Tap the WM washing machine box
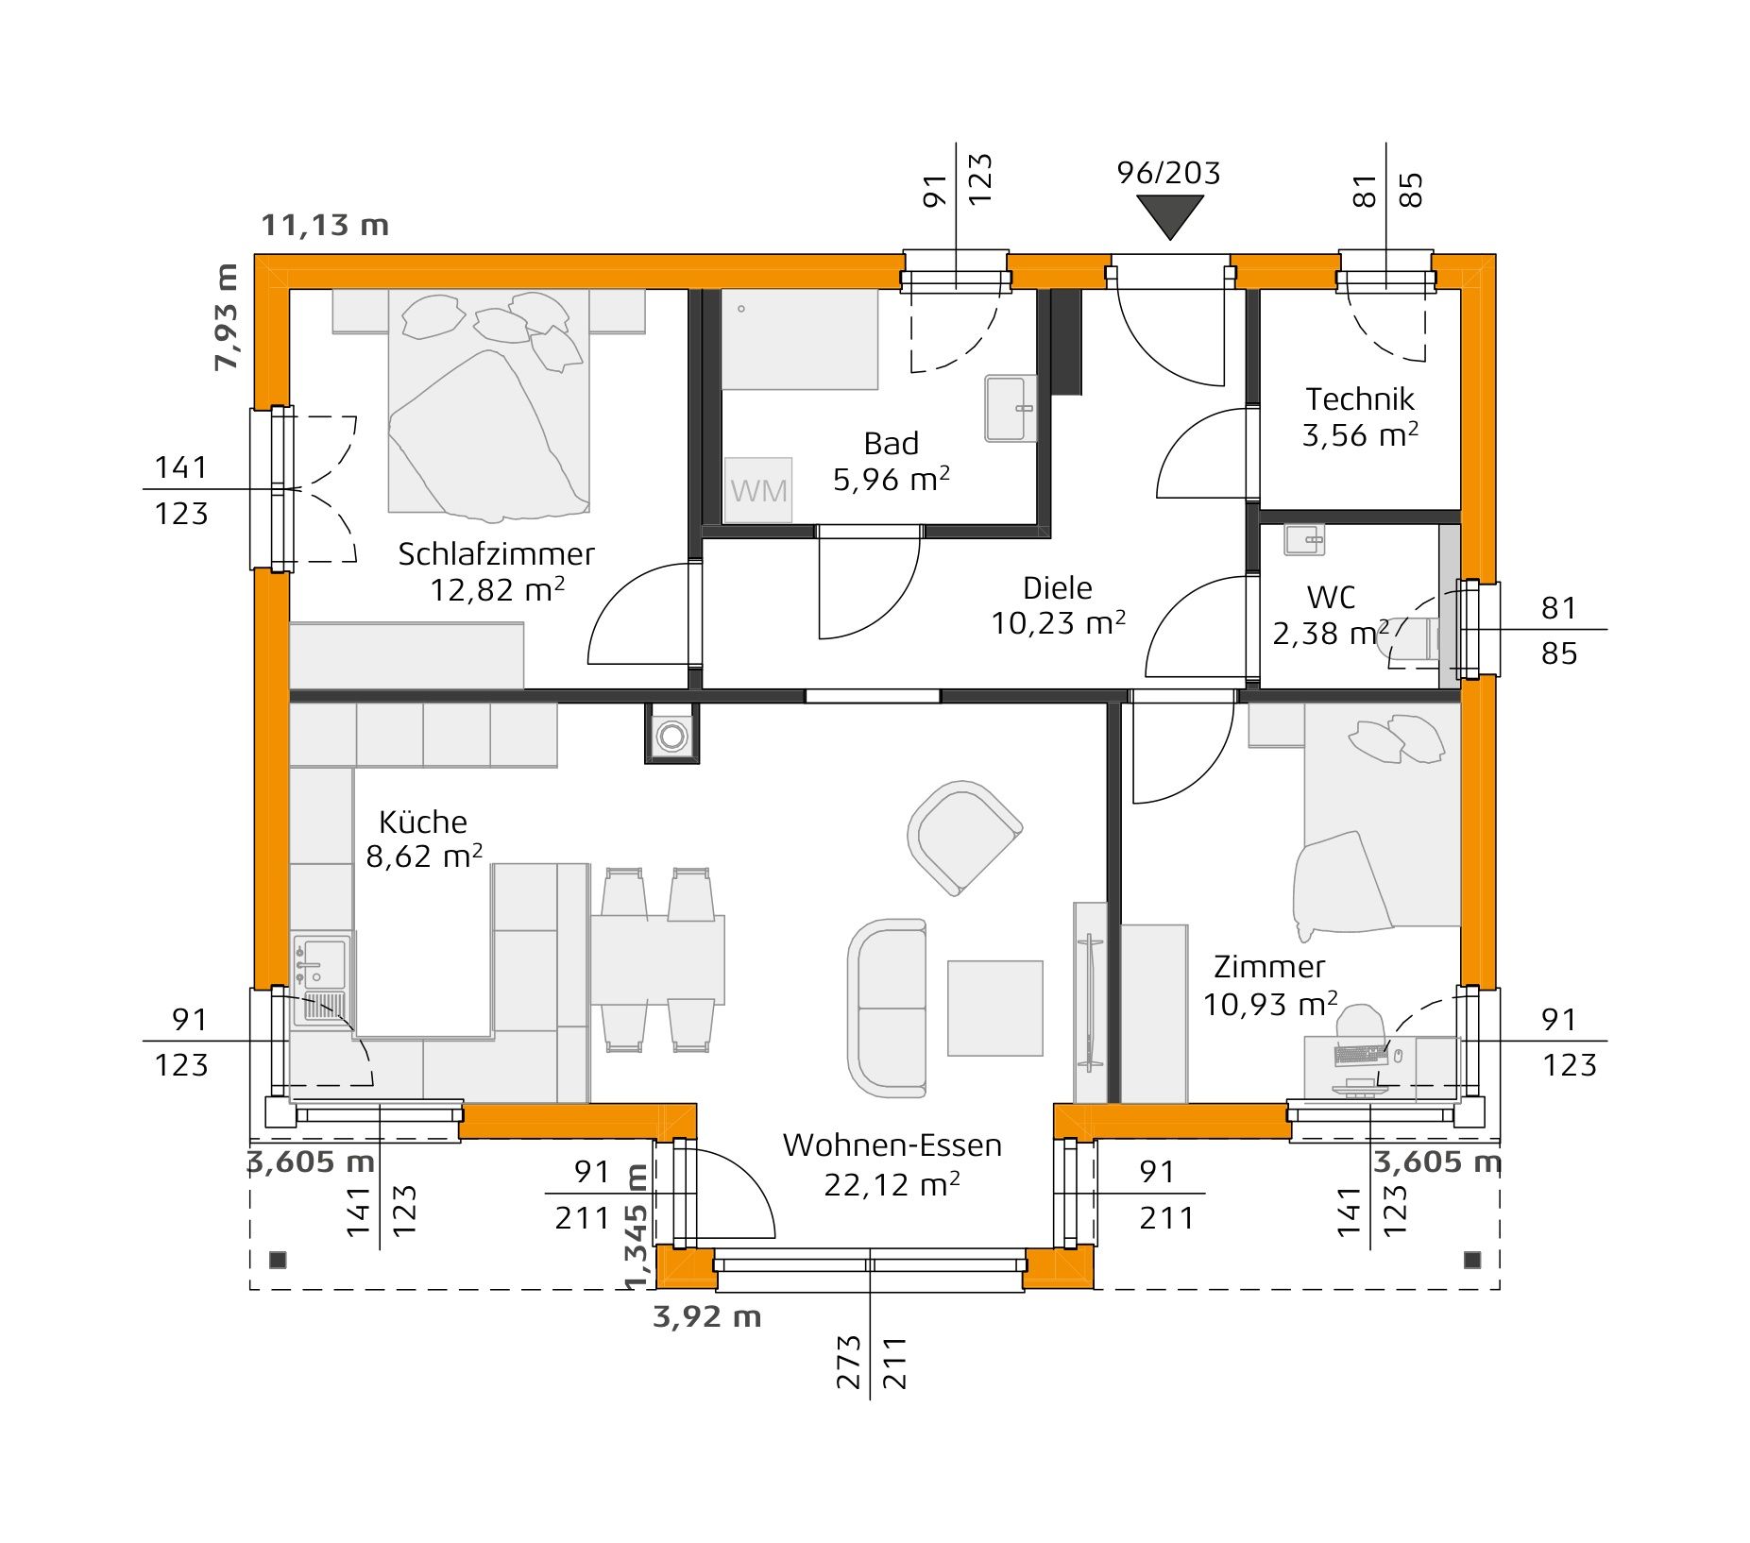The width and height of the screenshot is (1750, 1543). coord(758,490)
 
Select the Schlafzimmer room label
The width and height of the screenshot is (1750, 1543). coord(496,554)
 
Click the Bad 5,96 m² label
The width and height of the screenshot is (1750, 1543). coord(891,462)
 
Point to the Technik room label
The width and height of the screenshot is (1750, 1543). coord(1360,399)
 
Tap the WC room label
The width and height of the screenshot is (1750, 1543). coord(1331,598)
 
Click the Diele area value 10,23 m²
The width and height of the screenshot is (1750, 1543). coord(1058,624)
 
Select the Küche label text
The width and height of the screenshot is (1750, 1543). coord(423,822)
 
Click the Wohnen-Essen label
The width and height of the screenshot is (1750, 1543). coord(892,1145)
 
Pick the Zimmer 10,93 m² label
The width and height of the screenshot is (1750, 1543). coord(1269,985)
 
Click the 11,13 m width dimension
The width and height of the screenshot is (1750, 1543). coord(325,226)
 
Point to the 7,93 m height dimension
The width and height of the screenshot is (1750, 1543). coord(227,317)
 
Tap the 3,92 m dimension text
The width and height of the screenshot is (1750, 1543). coord(706,1316)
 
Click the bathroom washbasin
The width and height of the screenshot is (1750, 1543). coord(1011,408)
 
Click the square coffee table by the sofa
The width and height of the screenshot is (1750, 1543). coord(994,1008)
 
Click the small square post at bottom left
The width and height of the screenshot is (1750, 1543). coord(278,1260)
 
